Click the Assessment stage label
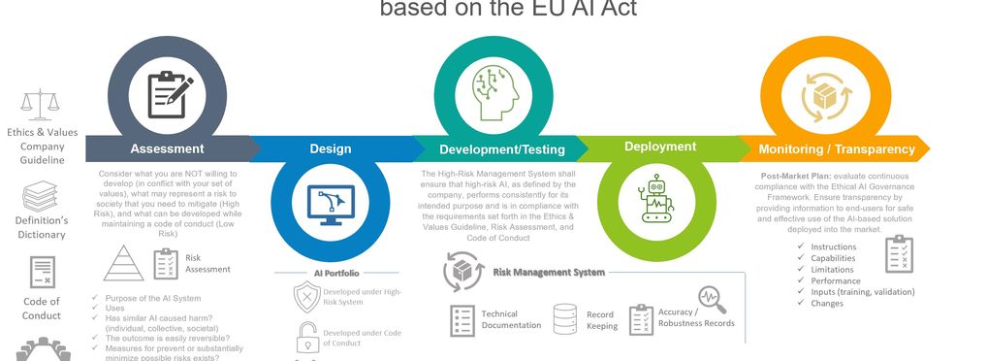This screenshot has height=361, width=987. point(167,148)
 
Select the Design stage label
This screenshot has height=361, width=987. point(330,148)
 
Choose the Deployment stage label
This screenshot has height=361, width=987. point(659,147)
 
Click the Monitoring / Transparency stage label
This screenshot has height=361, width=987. point(836,148)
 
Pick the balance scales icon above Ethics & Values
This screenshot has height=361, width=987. point(41,103)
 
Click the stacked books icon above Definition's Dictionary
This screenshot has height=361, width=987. point(41,197)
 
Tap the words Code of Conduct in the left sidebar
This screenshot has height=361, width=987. point(41,309)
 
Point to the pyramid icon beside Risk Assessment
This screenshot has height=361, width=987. point(123,263)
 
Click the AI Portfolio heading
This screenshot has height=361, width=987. point(336,274)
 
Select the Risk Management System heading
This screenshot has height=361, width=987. point(549,273)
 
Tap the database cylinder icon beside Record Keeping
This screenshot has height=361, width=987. point(565,318)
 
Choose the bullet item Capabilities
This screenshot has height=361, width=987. point(833,258)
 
